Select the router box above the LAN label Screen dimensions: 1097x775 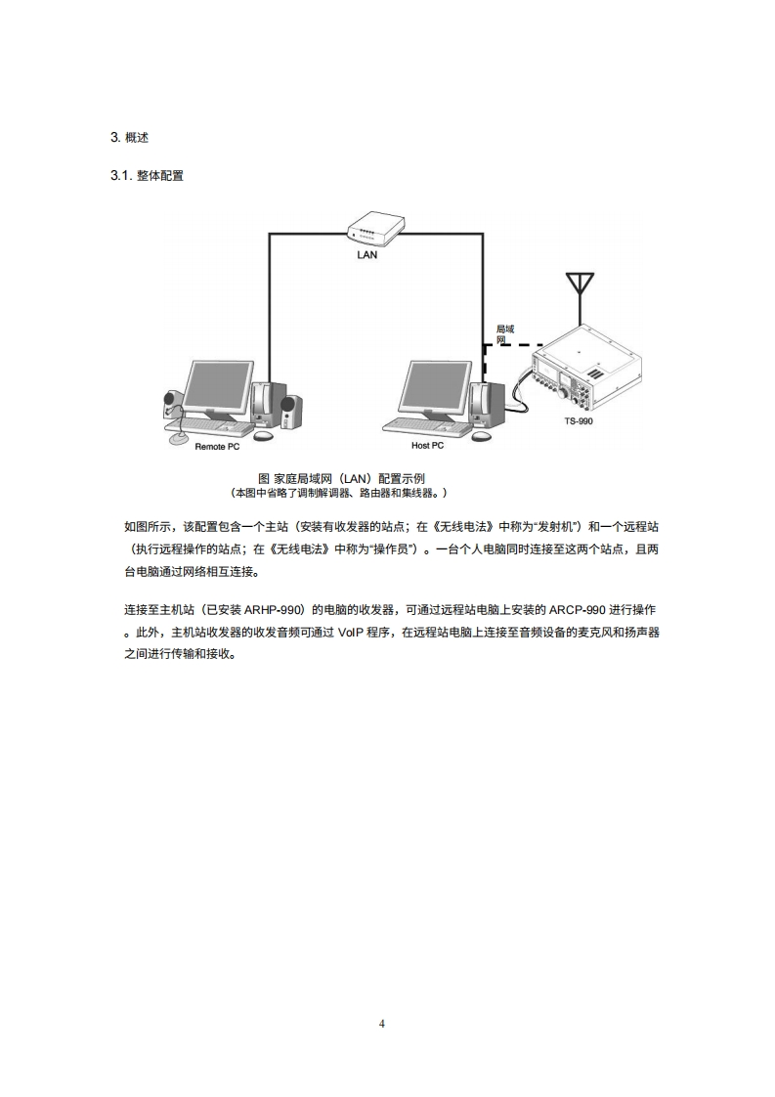pyautogui.click(x=375, y=229)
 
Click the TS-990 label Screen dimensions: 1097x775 pyautogui.click(x=578, y=421)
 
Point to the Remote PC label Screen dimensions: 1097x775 pyautogui.click(x=217, y=446)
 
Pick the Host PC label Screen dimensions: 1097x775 pyautogui.click(x=427, y=446)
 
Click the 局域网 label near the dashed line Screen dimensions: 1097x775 pyautogui.click(x=504, y=334)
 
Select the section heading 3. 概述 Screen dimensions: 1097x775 pyautogui.click(x=129, y=137)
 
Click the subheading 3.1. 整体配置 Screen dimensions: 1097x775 pyautogui.click(x=148, y=176)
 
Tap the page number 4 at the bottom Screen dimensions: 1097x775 pyautogui.click(x=382, y=1024)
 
